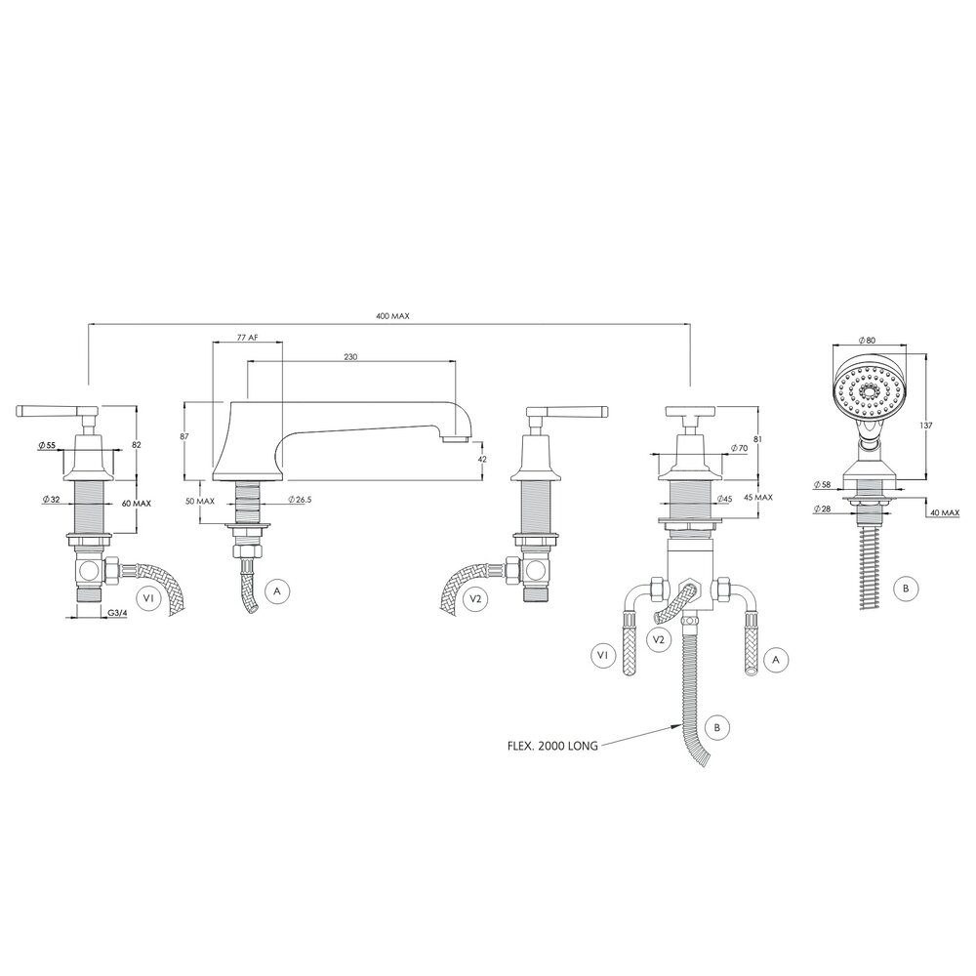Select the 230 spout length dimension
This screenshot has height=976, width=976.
351,357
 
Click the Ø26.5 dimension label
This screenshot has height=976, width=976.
302,501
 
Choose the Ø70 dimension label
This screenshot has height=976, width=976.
739,448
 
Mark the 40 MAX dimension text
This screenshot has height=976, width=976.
942,511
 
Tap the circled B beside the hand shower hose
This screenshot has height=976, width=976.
906,588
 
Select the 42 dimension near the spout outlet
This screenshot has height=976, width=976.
483,459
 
